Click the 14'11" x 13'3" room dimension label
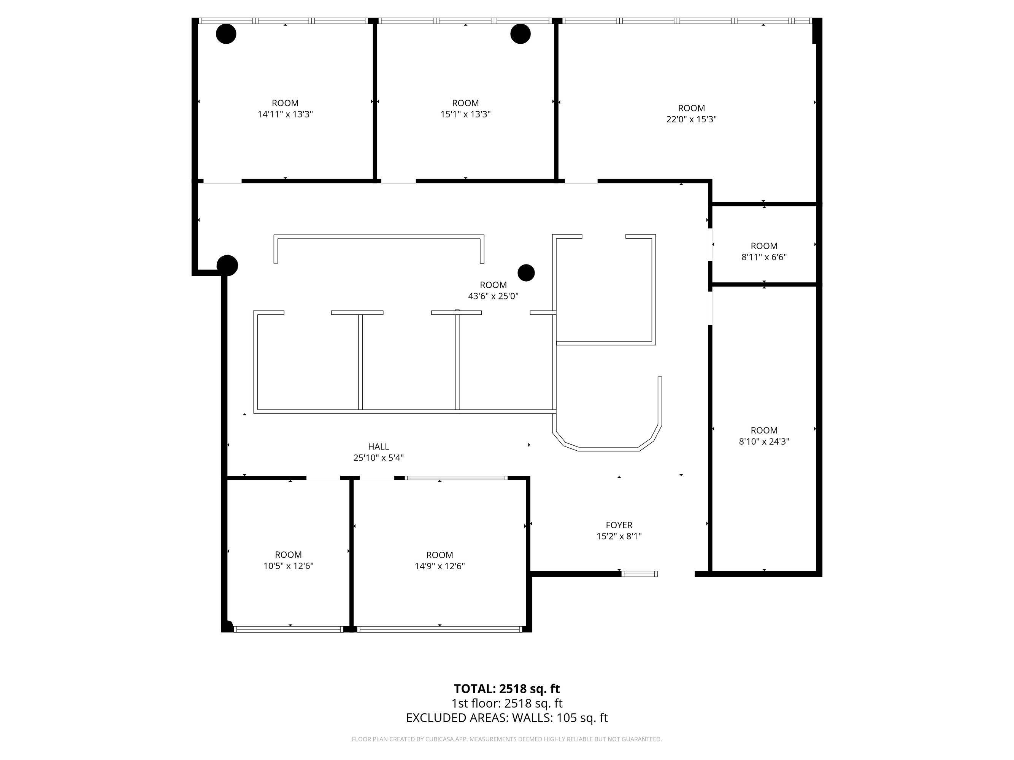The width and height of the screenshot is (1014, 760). tap(285, 114)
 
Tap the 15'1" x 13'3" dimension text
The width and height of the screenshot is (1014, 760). tap(465, 114)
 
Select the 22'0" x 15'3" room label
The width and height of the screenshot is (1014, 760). tap(691, 119)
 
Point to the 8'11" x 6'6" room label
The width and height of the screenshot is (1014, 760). tap(764, 257)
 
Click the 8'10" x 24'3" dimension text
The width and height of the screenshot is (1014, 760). tap(764, 442)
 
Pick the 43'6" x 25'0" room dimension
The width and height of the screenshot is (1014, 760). tap(493, 296)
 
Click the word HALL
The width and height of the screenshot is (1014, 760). tap(379, 446)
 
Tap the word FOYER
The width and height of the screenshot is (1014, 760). tap(619, 525)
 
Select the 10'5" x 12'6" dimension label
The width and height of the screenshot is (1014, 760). tap(288, 566)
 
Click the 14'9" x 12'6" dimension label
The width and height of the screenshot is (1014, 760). tap(440, 566)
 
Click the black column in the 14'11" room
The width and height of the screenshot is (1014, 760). tap(226, 34)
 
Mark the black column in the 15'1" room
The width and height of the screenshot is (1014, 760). tap(520, 34)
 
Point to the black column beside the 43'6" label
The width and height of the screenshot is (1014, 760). tap(526, 272)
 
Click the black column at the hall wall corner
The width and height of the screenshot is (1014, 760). tap(227, 265)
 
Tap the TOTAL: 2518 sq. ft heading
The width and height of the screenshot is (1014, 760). tap(506, 689)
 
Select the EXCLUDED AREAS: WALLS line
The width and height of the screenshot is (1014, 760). tap(506, 718)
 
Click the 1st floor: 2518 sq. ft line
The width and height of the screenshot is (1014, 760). tap(506, 703)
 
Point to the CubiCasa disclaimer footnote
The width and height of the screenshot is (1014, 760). tap(506, 739)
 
